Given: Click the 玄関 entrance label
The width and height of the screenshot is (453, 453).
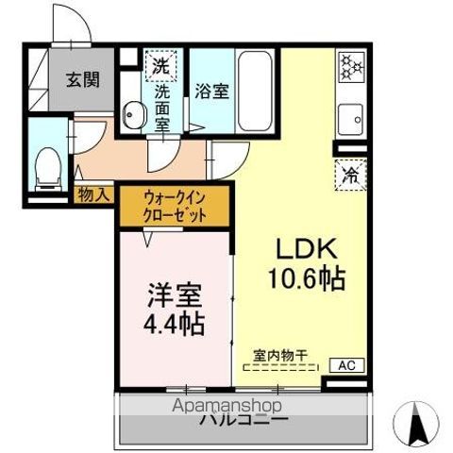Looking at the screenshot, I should coord(82,80).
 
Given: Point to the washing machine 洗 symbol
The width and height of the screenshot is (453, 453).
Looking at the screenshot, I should coord(160,67).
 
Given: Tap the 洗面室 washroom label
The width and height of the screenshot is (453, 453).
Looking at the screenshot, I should coord(161,106).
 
